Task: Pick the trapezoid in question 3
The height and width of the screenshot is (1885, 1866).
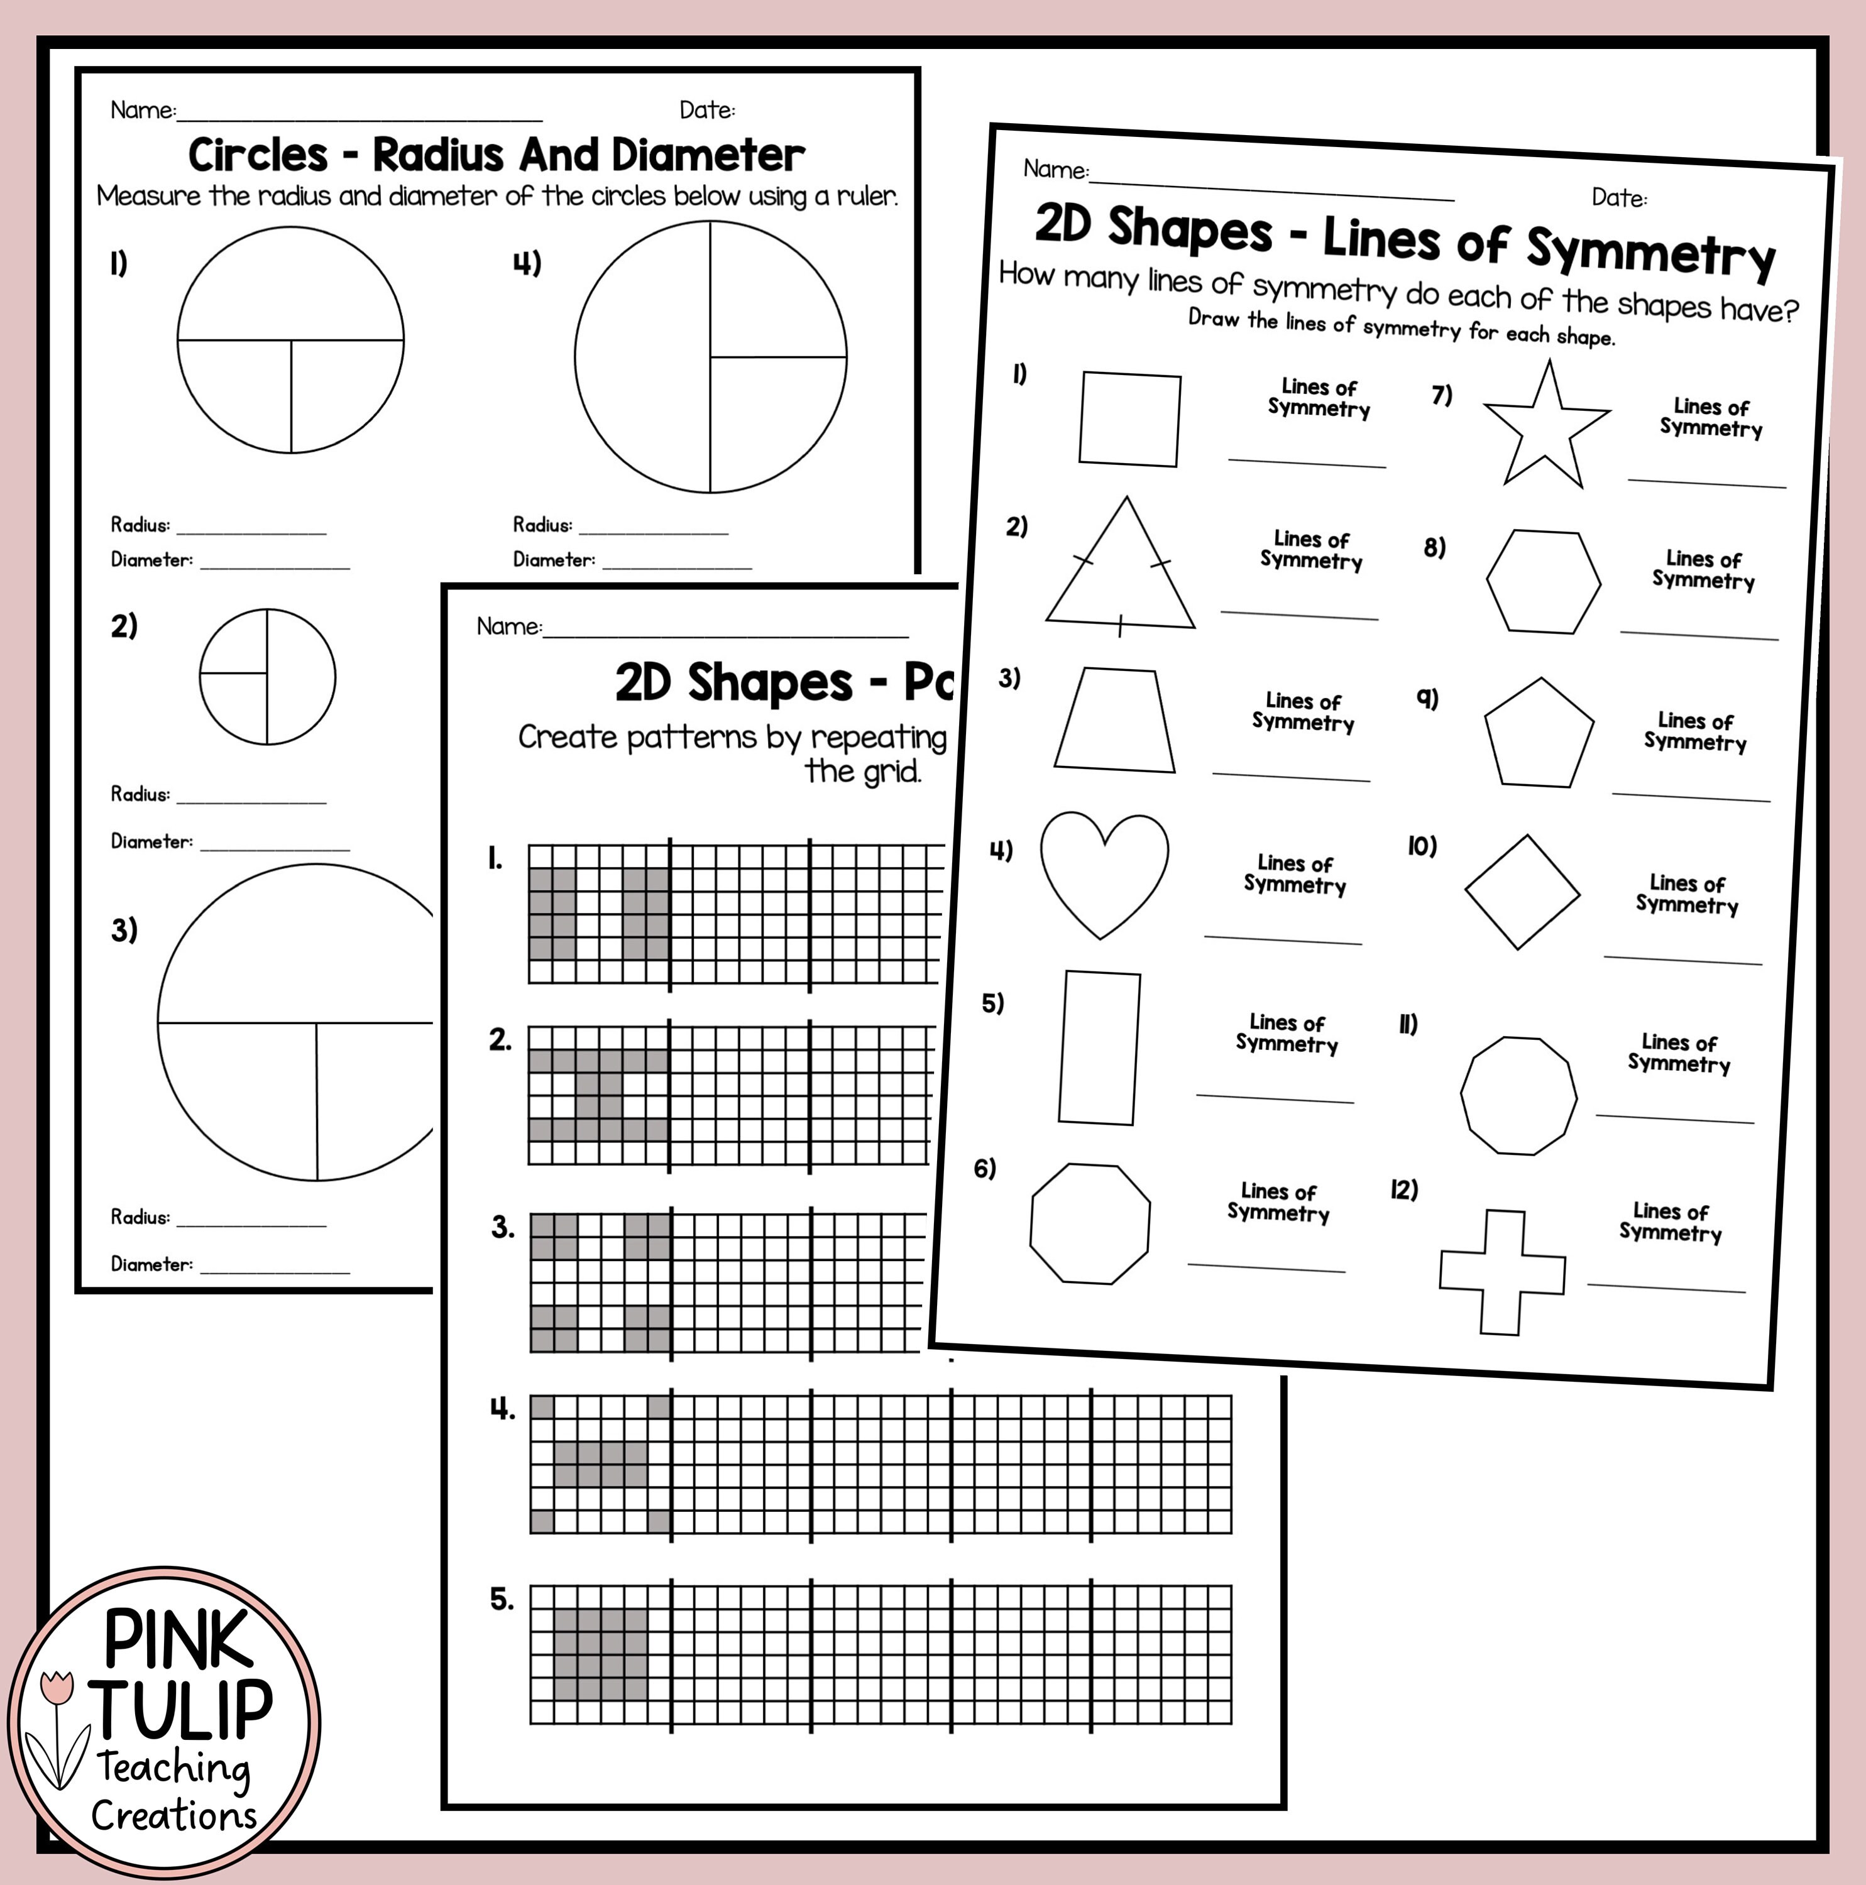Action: coord(1114,720)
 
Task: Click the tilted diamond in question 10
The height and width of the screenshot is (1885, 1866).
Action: coord(1522,892)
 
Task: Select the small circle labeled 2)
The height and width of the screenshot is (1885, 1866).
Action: coord(267,676)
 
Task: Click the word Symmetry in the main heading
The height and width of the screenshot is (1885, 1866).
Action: coord(1649,252)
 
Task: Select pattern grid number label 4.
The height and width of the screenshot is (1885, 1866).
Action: coord(502,1409)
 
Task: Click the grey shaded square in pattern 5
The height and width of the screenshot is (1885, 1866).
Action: coord(600,1655)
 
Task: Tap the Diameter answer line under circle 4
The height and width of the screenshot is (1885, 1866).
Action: coord(676,566)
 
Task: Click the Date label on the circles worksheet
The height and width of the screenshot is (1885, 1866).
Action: coord(706,110)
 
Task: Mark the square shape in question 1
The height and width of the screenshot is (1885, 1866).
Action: coord(1129,418)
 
